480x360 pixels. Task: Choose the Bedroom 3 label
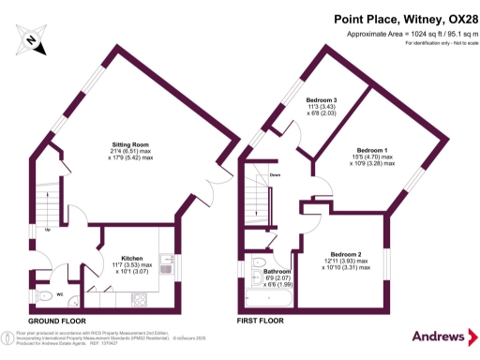(322, 100)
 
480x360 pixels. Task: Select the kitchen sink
(167, 265)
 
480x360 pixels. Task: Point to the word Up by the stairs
(47, 227)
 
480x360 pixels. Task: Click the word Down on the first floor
(276, 175)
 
